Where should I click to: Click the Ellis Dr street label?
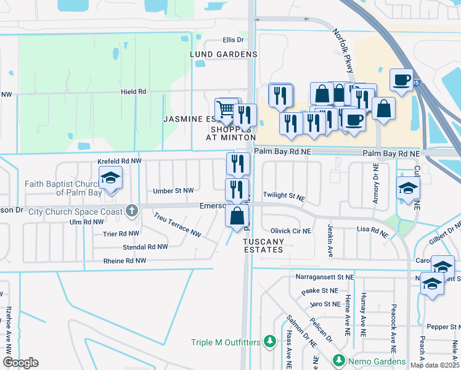pos(233,40)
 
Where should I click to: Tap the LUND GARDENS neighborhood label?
pos(223,54)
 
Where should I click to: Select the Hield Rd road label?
pos(133,92)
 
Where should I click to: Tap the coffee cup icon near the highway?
pos(401,80)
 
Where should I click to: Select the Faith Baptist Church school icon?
pos(110,178)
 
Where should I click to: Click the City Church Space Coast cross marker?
pos(131,211)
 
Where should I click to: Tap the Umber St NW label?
pos(174,191)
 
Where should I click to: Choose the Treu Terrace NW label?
pos(177,226)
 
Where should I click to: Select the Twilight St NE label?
pos(284,195)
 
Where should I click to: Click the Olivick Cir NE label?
pos(290,231)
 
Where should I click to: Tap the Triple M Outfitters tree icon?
pos(269,341)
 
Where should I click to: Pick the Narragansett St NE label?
pos(317,278)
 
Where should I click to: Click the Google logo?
pos(20,363)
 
